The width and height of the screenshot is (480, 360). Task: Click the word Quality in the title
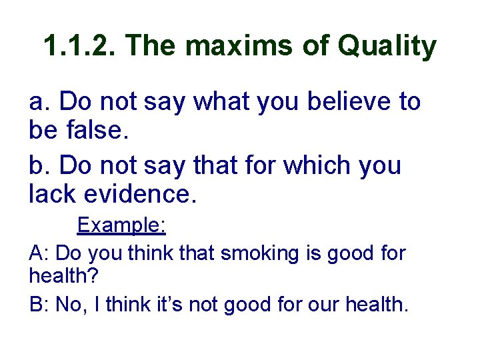(x=387, y=47)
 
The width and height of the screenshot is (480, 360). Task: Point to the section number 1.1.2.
(x=79, y=47)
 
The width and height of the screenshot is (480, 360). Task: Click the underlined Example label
(x=121, y=225)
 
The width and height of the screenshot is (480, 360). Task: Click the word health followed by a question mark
(x=57, y=276)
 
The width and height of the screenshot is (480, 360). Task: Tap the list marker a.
(x=39, y=103)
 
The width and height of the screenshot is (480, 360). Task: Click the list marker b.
(x=39, y=165)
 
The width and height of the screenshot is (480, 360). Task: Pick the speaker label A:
(x=39, y=253)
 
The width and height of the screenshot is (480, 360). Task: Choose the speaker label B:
(x=39, y=305)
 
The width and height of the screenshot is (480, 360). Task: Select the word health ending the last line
(x=375, y=305)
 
